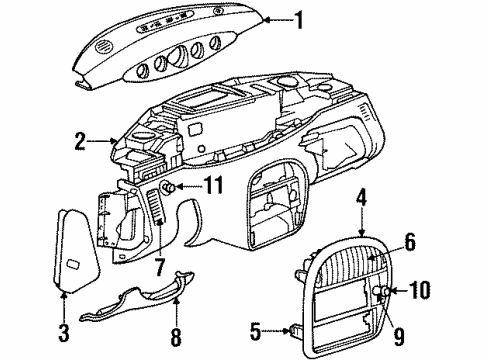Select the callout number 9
[376, 321]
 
